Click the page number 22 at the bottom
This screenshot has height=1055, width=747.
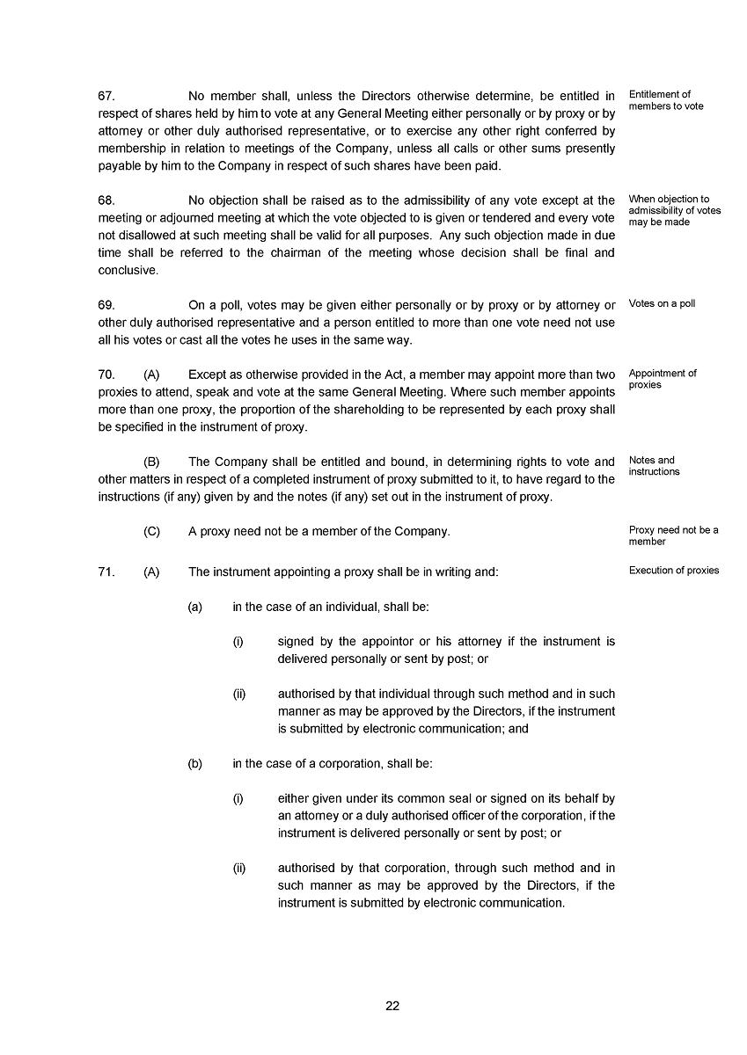click(392, 1007)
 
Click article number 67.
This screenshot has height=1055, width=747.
click(106, 96)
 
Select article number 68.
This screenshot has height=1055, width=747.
click(106, 200)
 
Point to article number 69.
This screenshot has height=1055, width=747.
click(106, 305)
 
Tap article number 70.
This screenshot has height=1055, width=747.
click(106, 375)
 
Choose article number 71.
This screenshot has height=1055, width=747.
click(106, 571)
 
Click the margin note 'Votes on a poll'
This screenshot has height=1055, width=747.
click(662, 304)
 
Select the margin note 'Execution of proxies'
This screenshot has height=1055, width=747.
click(674, 571)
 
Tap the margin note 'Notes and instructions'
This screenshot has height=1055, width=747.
click(654, 466)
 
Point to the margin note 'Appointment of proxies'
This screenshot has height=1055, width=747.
click(662, 379)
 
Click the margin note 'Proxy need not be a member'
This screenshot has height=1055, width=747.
click(673, 535)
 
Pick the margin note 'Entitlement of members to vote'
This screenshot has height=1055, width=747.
click(665, 100)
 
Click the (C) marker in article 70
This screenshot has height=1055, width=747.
click(151, 532)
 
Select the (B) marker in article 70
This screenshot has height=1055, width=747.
click(151, 462)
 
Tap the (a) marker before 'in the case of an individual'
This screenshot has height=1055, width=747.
click(195, 607)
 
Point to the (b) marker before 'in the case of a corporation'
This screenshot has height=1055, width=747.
click(195, 764)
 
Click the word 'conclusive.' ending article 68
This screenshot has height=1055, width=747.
click(128, 271)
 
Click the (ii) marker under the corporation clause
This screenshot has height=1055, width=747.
click(239, 869)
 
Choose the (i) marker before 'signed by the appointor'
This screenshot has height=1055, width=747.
click(238, 642)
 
